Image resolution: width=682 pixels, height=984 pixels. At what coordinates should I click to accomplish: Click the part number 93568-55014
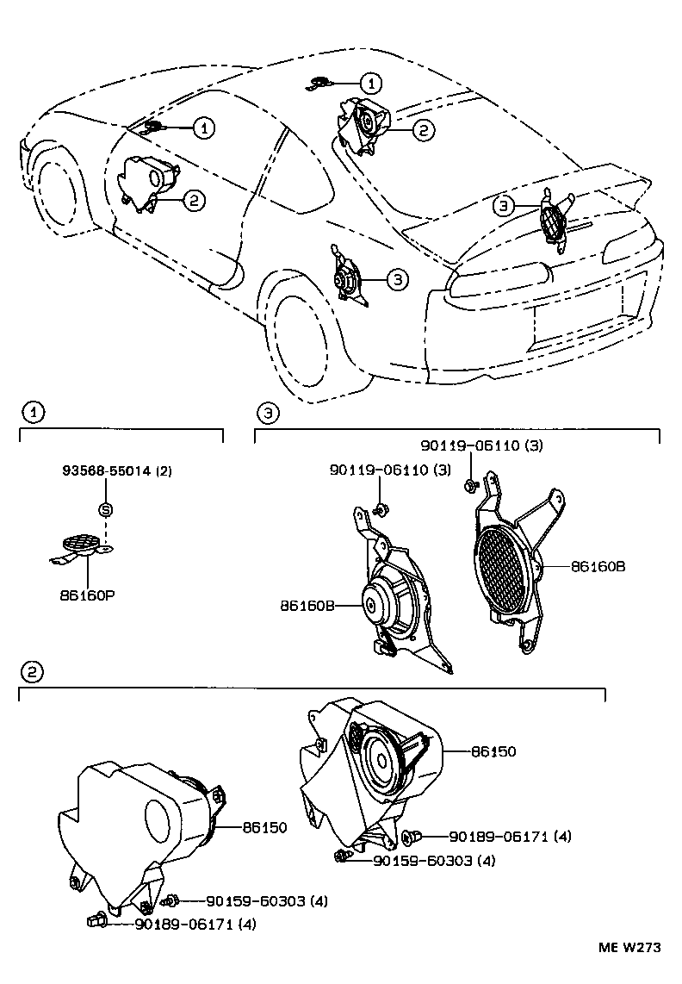[107, 471]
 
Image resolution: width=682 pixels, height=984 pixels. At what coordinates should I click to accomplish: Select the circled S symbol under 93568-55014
[105, 509]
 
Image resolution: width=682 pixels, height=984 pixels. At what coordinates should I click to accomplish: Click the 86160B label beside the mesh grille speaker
[596, 566]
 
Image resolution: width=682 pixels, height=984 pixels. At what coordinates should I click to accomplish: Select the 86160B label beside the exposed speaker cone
[306, 606]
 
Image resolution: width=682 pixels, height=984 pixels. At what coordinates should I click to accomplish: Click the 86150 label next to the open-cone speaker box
[493, 751]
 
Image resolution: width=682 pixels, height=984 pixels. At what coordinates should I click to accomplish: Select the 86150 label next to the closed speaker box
[263, 827]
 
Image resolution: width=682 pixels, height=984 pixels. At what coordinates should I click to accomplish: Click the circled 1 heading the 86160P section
[32, 414]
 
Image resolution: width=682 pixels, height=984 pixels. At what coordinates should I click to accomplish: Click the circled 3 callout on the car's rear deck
[504, 206]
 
